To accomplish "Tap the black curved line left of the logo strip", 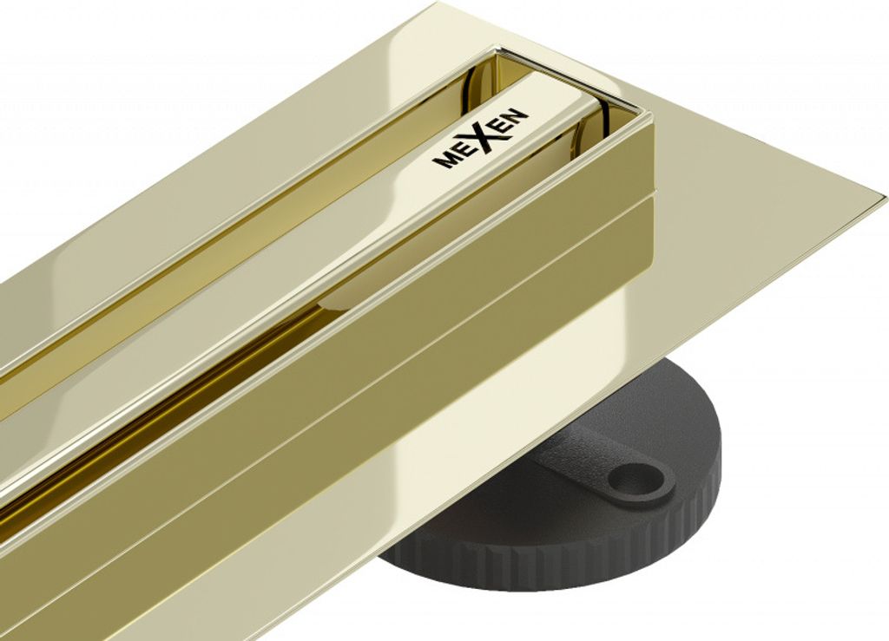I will click(469, 87).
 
